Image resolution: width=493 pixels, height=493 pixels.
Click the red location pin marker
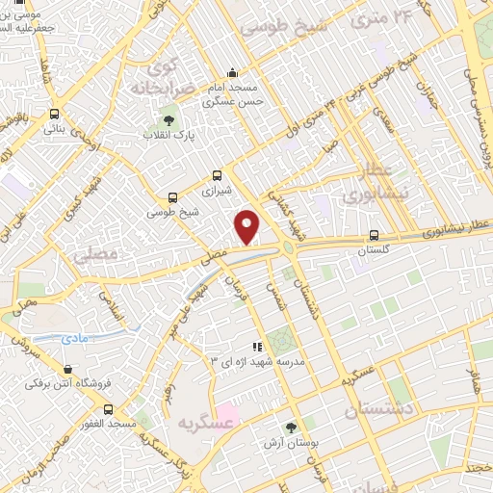tap(247, 226)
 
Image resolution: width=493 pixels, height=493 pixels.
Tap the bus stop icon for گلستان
tap(374, 235)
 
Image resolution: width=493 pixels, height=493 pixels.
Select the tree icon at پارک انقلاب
tap(169, 120)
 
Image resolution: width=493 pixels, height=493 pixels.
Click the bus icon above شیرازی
tap(217, 176)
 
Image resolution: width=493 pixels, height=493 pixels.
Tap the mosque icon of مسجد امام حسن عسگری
tap(231, 72)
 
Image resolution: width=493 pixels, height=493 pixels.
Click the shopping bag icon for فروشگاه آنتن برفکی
tap(67, 369)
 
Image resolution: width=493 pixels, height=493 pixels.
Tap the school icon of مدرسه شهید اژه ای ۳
tap(256, 347)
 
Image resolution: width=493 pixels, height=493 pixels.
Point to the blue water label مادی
tap(74, 339)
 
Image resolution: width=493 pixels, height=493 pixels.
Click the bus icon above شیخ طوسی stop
tap(172, 196)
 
